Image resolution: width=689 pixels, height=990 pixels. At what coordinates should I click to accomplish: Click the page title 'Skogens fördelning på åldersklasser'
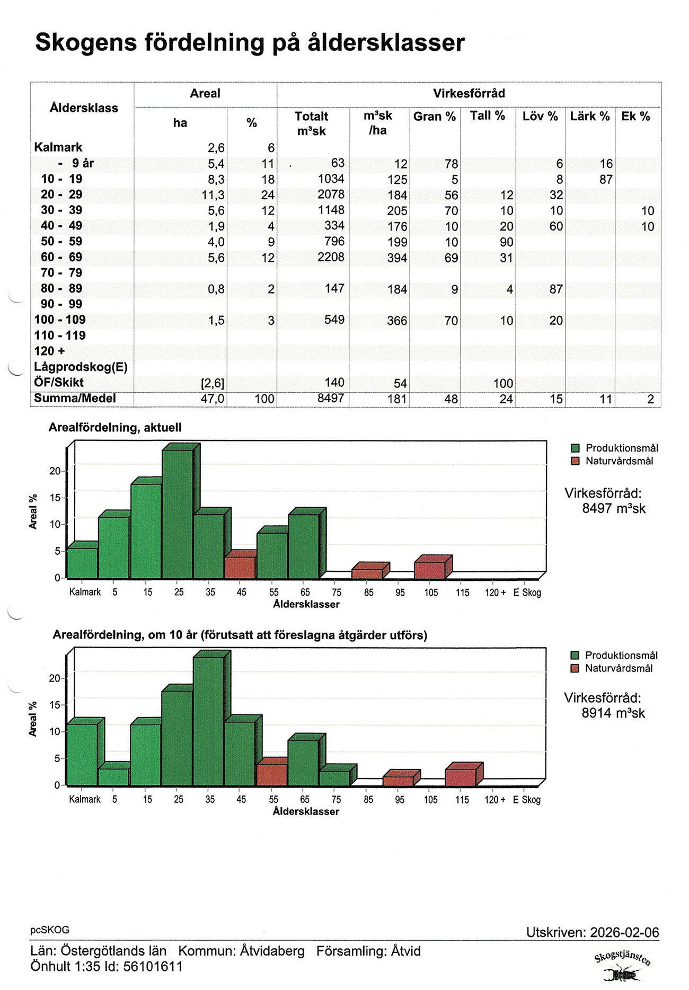pos(250,43)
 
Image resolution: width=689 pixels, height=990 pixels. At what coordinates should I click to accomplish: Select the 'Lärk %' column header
pos(589,116)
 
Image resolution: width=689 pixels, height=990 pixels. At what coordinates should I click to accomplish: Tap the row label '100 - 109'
pos(59,320)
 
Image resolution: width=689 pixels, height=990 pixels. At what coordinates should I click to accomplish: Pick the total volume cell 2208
pos(331,257)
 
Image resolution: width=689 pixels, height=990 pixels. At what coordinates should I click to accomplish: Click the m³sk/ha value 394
pos(396,258)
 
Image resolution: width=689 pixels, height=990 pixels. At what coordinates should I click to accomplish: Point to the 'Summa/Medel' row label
pos(75,399)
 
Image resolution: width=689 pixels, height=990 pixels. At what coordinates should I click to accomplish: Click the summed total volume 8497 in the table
pos(331,398)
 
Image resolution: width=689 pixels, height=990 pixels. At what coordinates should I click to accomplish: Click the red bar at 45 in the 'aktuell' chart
pos(240,567)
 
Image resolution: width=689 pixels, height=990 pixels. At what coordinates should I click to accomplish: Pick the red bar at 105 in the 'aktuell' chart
pos(430,570)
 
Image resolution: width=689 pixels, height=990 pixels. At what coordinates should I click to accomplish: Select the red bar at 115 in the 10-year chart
pos(461,777)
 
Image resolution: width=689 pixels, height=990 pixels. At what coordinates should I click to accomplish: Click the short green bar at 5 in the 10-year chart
pos(113,776)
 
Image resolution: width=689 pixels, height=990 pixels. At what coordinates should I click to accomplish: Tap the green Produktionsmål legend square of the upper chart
pos(576,448)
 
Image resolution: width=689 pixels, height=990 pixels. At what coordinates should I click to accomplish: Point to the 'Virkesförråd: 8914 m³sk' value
pos(613,713)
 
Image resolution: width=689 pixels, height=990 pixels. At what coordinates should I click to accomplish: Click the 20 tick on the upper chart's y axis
pos(55,471)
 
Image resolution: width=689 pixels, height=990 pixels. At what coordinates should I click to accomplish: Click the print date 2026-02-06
pos(624,932)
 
